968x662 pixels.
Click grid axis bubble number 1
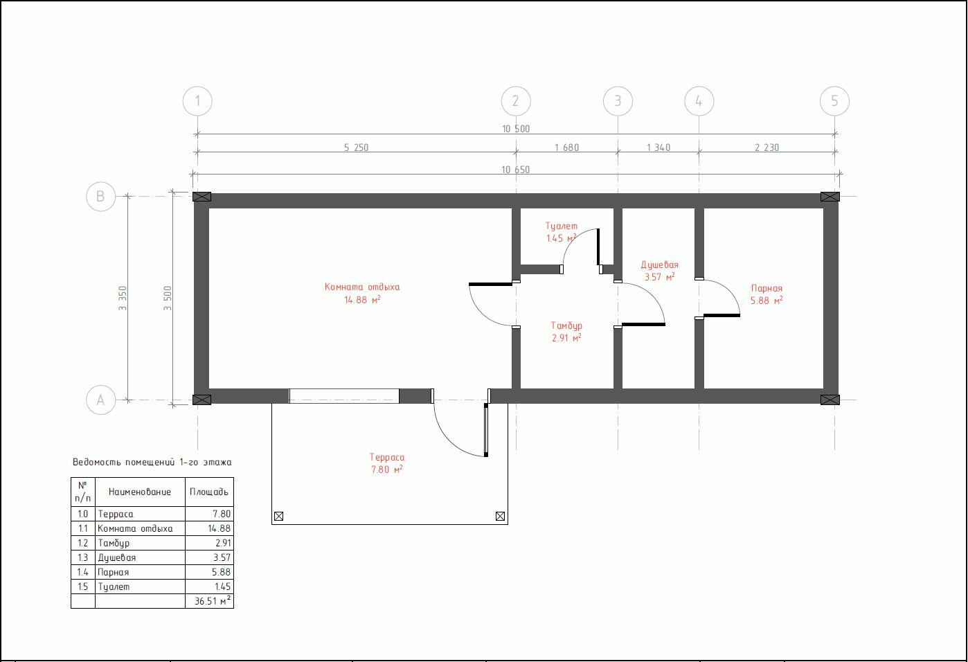coord(197,101)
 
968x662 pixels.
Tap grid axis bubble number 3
coord(618,101)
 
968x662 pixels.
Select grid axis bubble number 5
coord(834,101)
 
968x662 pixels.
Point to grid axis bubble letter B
coord(100,197)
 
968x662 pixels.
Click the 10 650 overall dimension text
coord(516,170)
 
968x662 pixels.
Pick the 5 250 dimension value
coord(356,147)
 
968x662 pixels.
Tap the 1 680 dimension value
coord(566,147)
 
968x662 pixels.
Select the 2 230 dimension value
coord(767,147)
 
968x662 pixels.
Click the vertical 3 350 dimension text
coord(123,298)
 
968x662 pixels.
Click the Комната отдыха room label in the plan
coord(362,287)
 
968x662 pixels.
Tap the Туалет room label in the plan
coord(561,226)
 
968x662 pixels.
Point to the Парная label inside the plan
coord(767,288)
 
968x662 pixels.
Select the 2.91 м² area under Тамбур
coord(566,337)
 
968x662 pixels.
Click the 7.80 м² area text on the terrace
coord(387,469)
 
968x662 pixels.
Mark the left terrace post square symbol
coord(279,516)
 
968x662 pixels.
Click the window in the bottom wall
coord(344,396)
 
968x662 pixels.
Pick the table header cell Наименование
coord(140,492)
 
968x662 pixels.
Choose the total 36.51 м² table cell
coord(210,601)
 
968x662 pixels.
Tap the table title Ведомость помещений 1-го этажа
coord(152,462)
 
